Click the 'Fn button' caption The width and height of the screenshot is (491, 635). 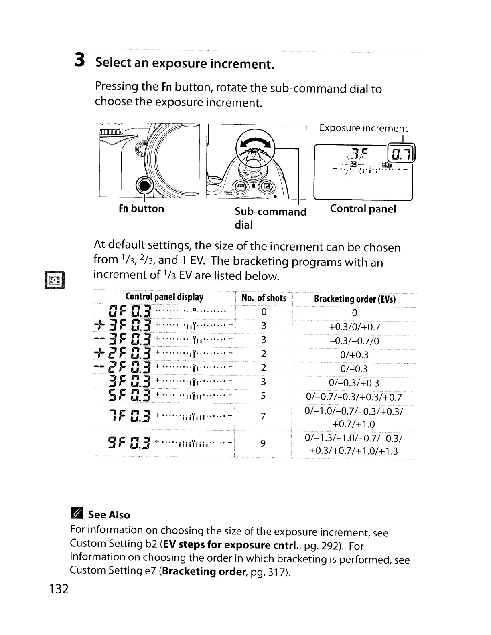click(141, 209)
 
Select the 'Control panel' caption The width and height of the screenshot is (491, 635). click(363, 209)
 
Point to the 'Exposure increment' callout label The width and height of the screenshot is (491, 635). click(363, 128)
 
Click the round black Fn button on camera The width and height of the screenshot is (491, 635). click(144, 185)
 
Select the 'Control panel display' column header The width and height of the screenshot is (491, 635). click(164, 297)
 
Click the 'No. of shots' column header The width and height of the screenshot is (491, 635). click(264, 298)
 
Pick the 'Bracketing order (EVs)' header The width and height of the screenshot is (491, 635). click(355, 299)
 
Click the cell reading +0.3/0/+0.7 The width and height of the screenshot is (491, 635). click(354, 327)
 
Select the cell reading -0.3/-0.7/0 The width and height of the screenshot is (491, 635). click(354, 341)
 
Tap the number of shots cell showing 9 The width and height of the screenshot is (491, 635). click(263, 443)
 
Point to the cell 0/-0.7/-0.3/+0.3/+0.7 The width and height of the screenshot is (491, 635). click(354, 397)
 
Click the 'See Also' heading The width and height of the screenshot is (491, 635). click(109, 515)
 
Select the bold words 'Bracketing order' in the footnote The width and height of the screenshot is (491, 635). click(203, 571)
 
